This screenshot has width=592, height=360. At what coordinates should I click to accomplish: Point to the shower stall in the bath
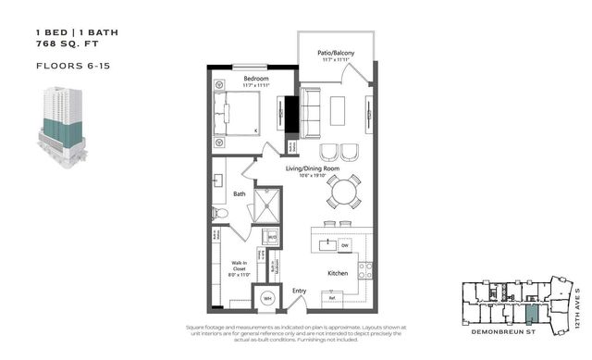point(267,205)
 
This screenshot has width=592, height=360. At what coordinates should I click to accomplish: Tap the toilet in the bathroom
point(220,213)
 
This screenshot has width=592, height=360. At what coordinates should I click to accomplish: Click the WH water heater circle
point(267,298)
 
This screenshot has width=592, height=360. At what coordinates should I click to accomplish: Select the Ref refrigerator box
point(330,299)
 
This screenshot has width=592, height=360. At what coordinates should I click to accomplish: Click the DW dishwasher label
point(344,245)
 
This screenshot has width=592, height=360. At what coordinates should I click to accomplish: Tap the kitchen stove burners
point(365,269)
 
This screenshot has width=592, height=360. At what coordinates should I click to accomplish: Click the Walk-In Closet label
point(239,269)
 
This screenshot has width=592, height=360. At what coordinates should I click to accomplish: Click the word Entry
point(299,291)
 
